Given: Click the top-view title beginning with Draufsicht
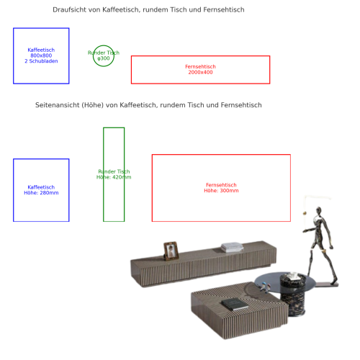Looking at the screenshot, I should coord(148,10).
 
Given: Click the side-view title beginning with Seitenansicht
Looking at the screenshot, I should coord(148,105).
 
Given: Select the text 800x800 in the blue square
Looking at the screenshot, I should coord(41,55).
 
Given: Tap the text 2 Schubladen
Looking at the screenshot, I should coord(41,61).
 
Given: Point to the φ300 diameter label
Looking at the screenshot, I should coord(104,58).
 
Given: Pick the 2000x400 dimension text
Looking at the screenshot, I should coord(200,73).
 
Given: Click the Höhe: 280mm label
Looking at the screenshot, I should coord(41,193).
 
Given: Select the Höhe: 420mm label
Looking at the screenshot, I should coord(114,177).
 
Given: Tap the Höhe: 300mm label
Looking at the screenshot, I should coord(221,191).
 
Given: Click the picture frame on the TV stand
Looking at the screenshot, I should coord(171,251).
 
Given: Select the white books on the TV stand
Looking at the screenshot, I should coord(232,247).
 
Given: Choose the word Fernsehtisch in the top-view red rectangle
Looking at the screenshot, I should coord(200,67).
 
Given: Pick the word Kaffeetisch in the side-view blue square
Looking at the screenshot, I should coord(41,187).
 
